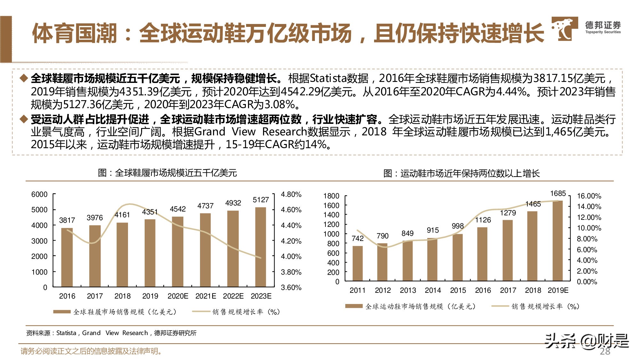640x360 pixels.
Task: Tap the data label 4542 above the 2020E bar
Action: pos(178,209)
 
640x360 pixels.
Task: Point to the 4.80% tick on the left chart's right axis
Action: pos(291,194)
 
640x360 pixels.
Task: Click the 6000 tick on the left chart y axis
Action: pos(39,194)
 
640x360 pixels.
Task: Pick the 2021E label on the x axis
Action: pos(205,296)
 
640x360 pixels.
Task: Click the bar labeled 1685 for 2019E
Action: pos(557,241)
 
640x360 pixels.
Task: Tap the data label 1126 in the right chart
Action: pos(483,220)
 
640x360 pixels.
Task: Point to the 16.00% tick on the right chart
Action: pos(589,196)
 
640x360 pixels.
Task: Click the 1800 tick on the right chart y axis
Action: pos(331,196)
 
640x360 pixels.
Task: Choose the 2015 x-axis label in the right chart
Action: pos(458,290)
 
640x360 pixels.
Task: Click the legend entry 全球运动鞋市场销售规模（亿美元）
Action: pos(420,307)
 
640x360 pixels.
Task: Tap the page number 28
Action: pos(605,351)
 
